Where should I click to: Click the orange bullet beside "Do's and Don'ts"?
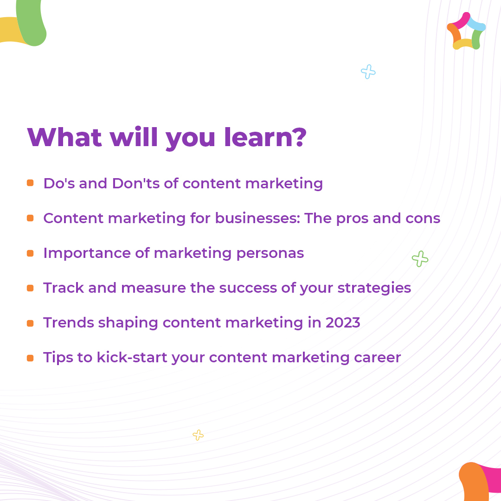30,183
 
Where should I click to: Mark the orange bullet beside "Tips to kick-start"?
30,358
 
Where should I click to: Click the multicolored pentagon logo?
466,31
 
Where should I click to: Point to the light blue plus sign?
368,72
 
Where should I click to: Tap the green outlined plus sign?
420,259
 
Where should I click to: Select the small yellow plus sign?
198,435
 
